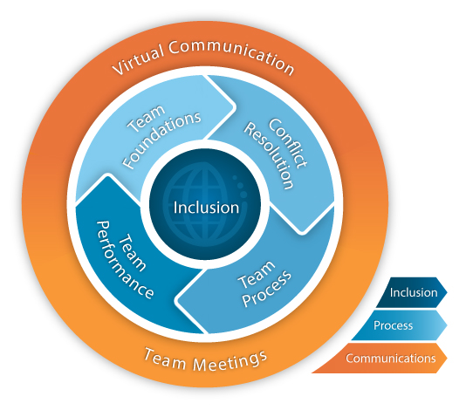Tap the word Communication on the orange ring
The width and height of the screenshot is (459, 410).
(x=231, y=55)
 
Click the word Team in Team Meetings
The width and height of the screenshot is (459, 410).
(x=166, y=358)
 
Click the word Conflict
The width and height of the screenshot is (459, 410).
(x=288, y=143)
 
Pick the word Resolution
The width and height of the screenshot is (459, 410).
(x=269, y=156)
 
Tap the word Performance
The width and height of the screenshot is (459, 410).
(x=125, y=260)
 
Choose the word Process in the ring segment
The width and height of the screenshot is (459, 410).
(x=267, y=289)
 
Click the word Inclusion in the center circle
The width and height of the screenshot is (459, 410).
(x=206, y=208)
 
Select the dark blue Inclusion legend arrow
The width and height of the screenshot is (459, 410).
(x=412, y=292)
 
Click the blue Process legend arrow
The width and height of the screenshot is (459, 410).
(x=400, y=325)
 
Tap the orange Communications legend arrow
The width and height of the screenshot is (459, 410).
(x=380, y=359)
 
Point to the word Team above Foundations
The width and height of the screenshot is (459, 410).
(x=147, y=119)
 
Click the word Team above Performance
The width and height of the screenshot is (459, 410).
(x=133, y=253)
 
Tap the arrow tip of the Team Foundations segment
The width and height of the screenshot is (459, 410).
(x=235, y=106)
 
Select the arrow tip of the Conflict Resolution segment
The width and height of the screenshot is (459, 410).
(x=302, y=233)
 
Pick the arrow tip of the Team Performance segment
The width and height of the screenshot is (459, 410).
(x=108, y=174)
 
